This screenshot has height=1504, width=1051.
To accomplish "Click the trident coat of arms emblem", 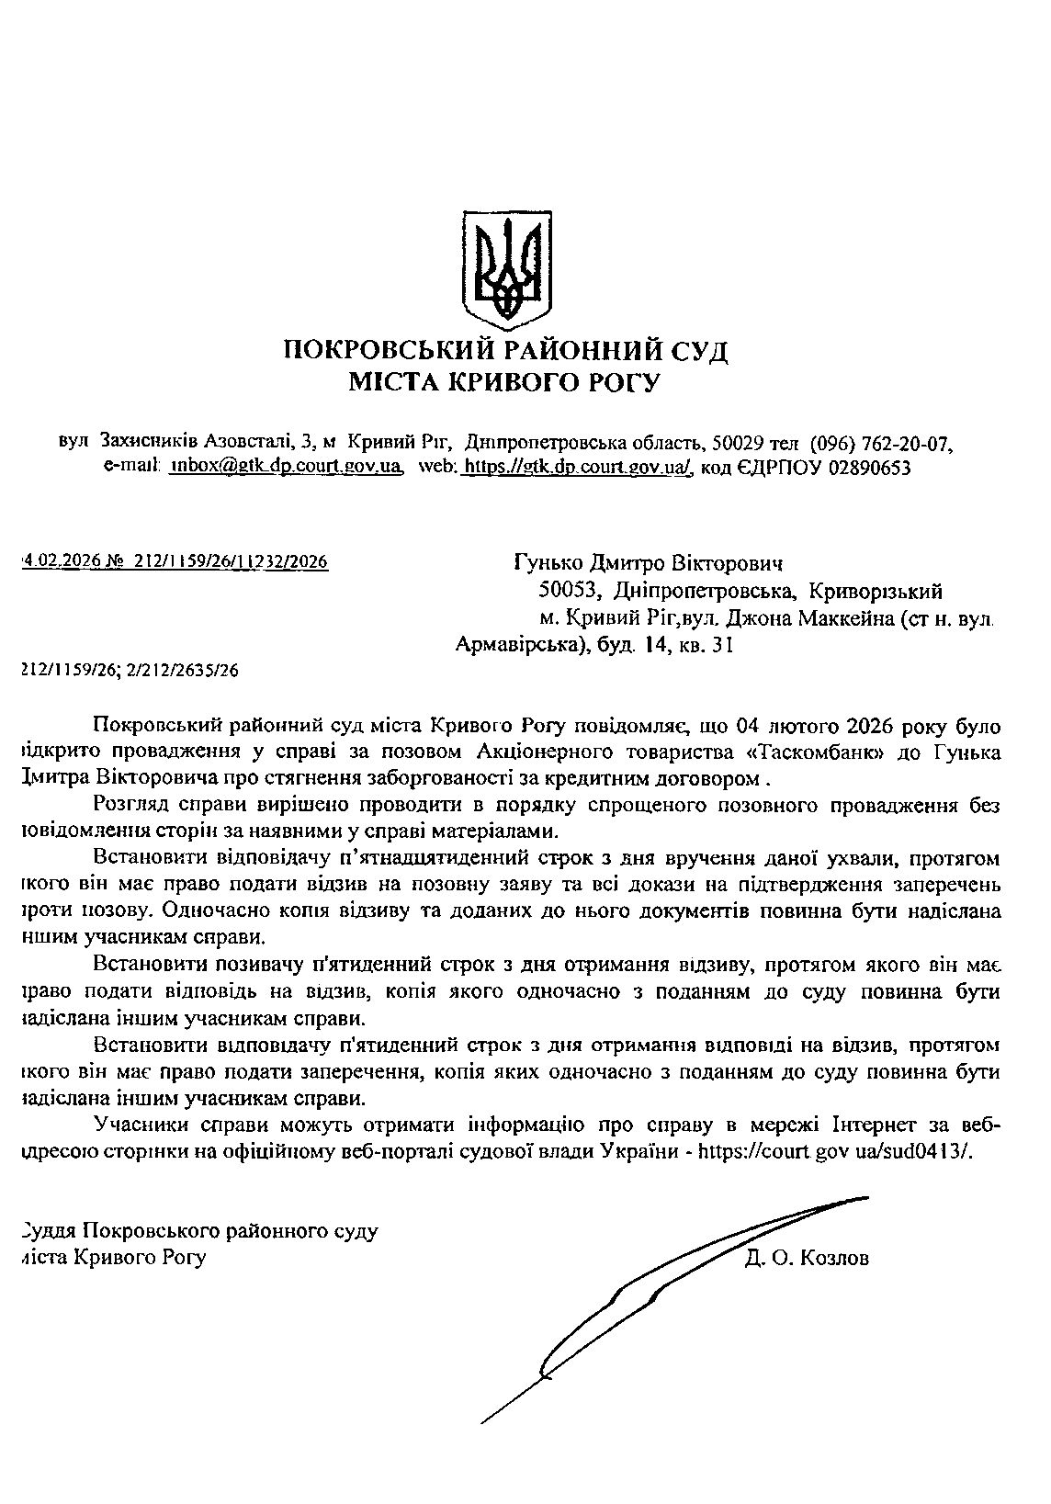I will click(x=505, y=266).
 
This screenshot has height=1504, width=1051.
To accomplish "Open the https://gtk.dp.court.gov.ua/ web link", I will click(x=575, y=467).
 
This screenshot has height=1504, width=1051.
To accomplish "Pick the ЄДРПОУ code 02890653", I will click(x=869, y=468).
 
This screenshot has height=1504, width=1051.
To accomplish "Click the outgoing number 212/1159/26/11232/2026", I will click(x=231, y=561).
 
